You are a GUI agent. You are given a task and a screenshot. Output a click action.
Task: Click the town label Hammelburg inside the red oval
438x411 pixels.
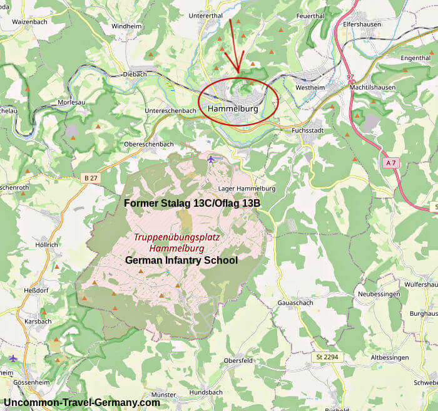[232, 109]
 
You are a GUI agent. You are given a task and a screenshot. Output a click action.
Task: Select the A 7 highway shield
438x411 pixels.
[391, 163]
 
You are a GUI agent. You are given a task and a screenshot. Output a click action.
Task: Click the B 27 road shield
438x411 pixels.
[91, 179]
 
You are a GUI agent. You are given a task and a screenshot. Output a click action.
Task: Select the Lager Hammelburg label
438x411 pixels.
[247, 189]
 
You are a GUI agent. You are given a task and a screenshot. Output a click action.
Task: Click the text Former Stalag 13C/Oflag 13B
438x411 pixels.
[192, 204]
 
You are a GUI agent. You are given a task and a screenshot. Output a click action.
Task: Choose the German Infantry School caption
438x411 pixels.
[181, 260]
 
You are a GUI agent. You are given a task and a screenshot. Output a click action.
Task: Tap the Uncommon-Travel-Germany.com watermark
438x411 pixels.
[82, 402]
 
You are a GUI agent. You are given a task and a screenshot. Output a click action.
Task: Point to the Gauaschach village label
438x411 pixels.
[296, 303]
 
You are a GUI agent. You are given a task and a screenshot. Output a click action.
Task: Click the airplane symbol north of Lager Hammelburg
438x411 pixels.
[211, 159]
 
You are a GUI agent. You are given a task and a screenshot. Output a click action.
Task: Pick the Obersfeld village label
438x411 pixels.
[238, 361]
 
